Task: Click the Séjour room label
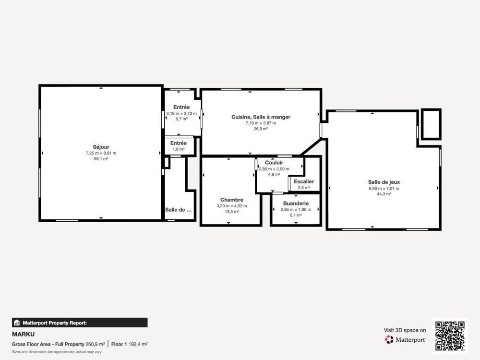pos(101,147)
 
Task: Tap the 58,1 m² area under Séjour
pos(101,158)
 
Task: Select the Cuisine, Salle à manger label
pos(261,117)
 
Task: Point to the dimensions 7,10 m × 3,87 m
pos(261,123)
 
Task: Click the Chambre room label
pos(232,200)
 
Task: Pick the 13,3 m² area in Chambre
pos(232,211)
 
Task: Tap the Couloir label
pos(274,163)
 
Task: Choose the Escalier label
pos(304,181)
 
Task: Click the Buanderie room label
pos(296,204)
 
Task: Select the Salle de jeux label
pos(384,182)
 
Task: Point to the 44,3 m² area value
pos(384,194)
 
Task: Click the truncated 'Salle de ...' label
pos(179,210)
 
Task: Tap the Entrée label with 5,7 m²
pos(181,107)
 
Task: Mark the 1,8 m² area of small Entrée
pos(179,149)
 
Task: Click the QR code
pos(450,336)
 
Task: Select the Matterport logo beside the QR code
pos(406,340)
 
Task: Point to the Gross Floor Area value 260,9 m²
pos(95,344)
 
